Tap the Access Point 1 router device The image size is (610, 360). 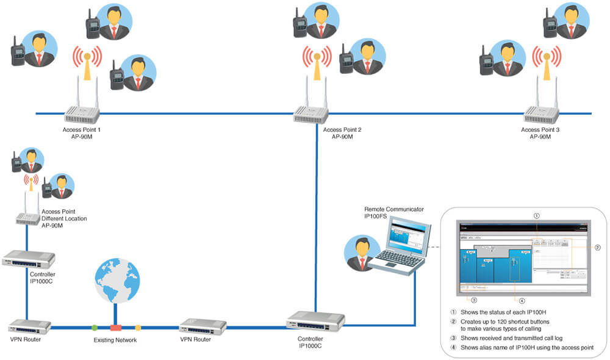(82, 113)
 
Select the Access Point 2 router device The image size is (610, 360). (310, 113)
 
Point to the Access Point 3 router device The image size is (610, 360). (540, 113)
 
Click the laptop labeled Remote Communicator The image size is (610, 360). (403, 247)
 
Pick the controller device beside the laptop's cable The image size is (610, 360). (315, 320)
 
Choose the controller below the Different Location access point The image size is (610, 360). (29, 259)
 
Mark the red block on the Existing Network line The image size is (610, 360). (115, 328)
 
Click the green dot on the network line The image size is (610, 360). (94, 328)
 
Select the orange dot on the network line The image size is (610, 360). (138, 328)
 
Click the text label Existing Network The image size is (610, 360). (115, 340)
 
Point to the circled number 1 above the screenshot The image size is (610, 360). (536, 215)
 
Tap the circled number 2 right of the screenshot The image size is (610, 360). (597, 247)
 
